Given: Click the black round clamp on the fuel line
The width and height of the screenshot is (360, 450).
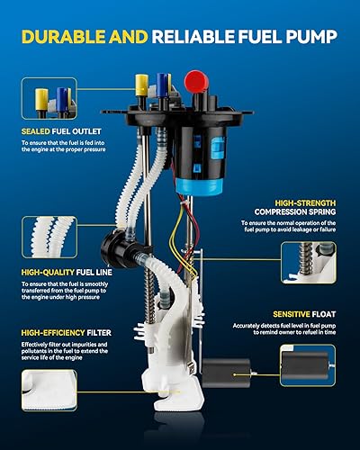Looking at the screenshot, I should (x=119, y=245).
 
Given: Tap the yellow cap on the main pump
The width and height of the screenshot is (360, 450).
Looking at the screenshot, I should (x=141, y=84).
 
